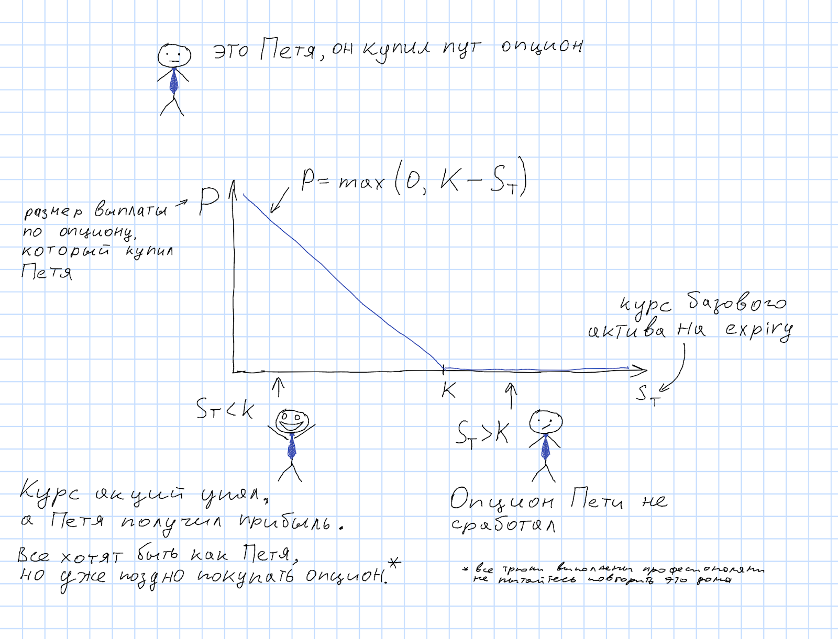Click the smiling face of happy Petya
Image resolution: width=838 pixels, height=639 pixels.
pos(292,420)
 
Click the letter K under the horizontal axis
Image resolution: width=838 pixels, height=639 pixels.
pos(448,390)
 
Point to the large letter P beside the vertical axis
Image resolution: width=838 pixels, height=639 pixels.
pos(209,202)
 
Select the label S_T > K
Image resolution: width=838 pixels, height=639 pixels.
pos(482,433)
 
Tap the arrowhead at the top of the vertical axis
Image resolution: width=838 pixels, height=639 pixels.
pos(233,186)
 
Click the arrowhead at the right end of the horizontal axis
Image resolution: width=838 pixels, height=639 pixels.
pos(641,371)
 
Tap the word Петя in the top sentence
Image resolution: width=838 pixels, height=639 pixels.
pos(288,50)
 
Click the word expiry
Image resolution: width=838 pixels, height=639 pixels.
pos(759,330)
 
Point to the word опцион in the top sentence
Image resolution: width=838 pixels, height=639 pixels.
pos(542,47)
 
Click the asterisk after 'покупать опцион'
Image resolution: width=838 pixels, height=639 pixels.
pos(394,564)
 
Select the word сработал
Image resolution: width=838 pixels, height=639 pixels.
pos(503,525)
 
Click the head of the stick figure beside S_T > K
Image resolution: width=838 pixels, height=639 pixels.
pos(545,421)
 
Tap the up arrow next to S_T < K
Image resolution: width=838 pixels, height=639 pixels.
pos(278,387)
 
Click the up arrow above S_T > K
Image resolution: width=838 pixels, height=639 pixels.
pos(511,395)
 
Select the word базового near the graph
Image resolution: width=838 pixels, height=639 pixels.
pos(736,303)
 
